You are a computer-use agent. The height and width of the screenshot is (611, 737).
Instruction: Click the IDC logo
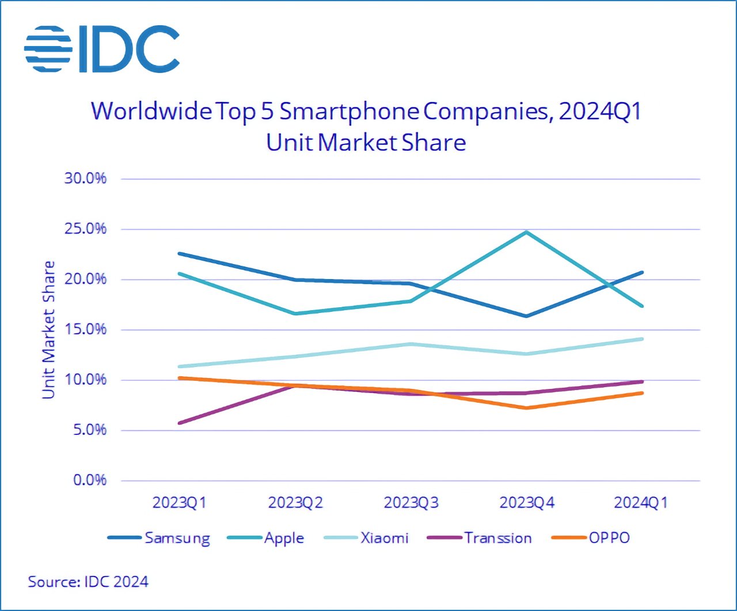coord(102,49)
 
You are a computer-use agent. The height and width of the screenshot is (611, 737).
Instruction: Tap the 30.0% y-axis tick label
coord(85,178)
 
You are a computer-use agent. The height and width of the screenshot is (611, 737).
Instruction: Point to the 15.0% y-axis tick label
coord(85,329)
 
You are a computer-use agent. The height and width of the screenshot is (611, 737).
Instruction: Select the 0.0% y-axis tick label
coord(90,480)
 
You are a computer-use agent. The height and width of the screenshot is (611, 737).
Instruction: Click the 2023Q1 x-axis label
coord(179,503)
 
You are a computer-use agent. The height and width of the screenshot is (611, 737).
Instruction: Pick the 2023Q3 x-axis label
coord(411,503)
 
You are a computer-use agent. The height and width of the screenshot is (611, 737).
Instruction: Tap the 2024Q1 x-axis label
coord(641,503)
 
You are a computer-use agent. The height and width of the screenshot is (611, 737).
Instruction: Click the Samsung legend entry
coord(159,539)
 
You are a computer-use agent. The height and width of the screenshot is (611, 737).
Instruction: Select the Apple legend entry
coord(265,539)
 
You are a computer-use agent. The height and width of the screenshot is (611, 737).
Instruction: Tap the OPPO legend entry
coord(591,539)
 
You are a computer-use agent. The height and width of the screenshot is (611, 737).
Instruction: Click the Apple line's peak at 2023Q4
coord(526,232)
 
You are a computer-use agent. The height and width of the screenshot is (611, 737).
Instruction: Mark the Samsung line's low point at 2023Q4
coord(526,316)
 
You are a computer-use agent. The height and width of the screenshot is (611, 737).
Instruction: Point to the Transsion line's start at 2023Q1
coord(180,423)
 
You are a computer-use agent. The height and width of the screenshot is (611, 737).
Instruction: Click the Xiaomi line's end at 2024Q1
coord(641,339)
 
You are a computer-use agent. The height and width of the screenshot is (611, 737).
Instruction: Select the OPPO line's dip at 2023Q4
coord(526,408)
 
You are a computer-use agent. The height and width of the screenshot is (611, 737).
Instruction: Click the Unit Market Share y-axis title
coord(48,330)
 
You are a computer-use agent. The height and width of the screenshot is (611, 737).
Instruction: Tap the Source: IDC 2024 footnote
coord(88,582)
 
